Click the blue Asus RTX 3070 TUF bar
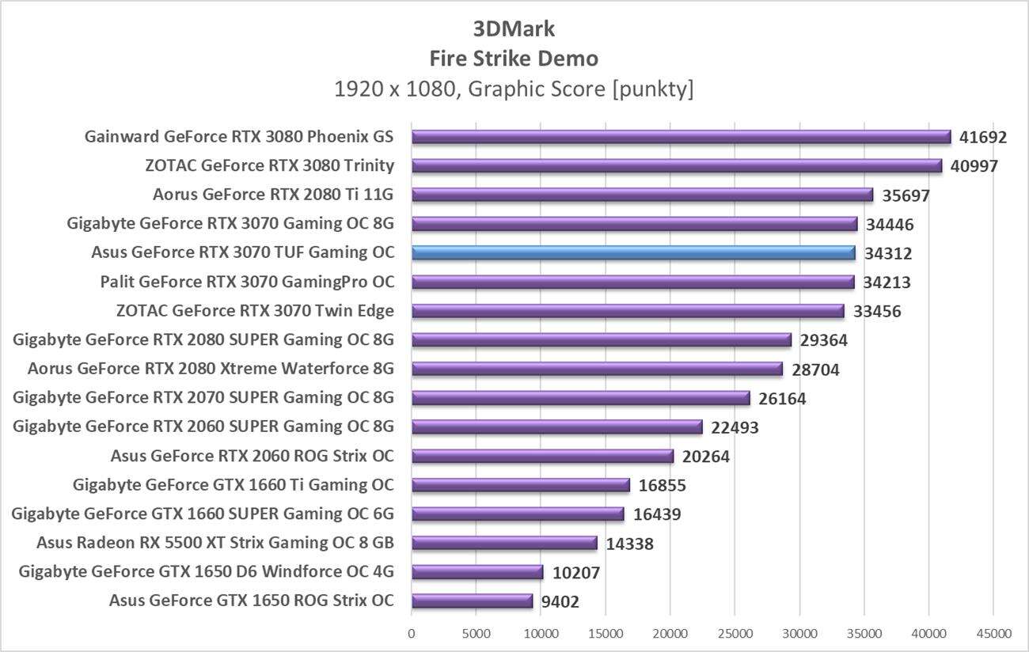point(633,253)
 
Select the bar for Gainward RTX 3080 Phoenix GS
point(681,137)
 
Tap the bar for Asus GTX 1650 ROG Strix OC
point(473,601)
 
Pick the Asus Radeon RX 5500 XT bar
point(504,543)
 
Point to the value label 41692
point(983,138)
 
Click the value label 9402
point(560,602)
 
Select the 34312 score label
point(888,254)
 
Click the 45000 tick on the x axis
point(993,634)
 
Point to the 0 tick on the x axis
point(412,634)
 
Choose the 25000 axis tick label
point(735,634)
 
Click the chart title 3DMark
point(514,29)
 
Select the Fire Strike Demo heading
point(514,59)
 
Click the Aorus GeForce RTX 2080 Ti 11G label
point(273,195)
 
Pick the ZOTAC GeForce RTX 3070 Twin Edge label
point(255,311)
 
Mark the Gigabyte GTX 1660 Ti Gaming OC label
point(233,485)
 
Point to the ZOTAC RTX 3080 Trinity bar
point(677,166)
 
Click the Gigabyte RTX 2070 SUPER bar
point(580,398)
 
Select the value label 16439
point(657,515)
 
